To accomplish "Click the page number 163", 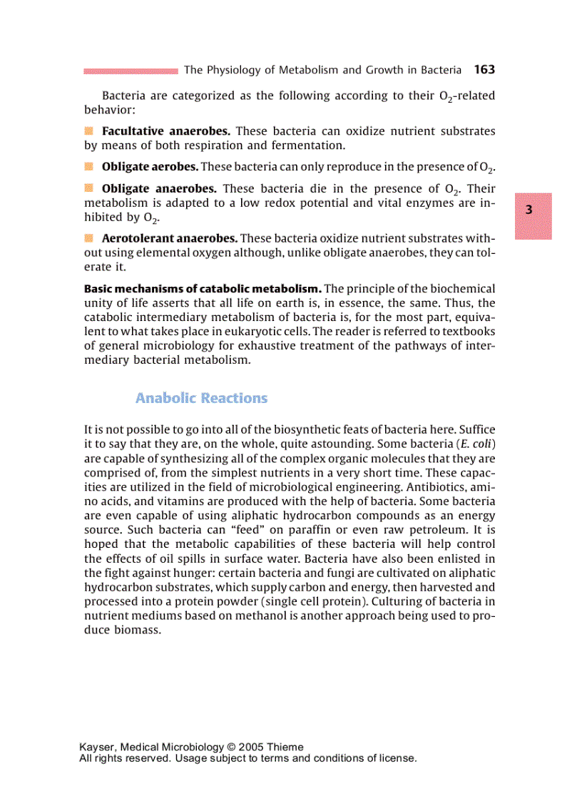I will tap(484, 70).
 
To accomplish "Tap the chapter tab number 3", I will tap(529, 210).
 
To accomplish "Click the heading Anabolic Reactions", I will tap(201, 398).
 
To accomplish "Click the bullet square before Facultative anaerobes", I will tap(89, 131).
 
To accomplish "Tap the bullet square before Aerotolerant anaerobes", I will tap(89, 238).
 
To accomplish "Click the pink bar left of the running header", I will tap(131, 71).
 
